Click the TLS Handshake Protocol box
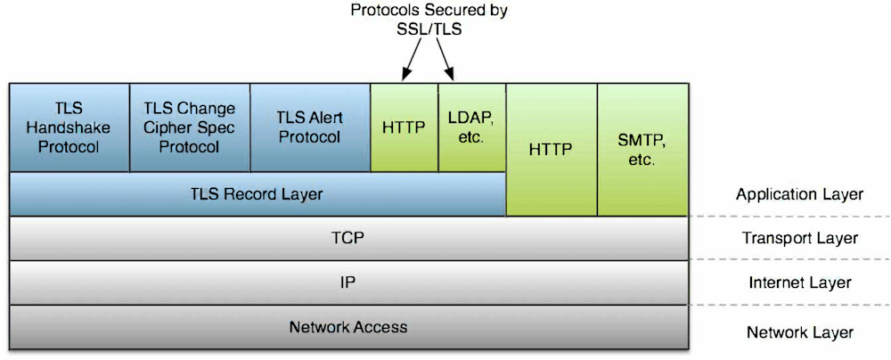[x=69, y=127]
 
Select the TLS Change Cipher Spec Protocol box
[x=189, y=127]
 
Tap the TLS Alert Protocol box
[x=309, y=127]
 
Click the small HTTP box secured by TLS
[x=404, y=127]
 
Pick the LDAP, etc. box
[x=471, y=127]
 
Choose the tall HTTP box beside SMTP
[x=550, y=150]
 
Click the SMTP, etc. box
[x=642, y=150]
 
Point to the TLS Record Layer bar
[x=257, y=193]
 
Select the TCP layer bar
[x=348, y=238]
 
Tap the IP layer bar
[x=348, y=282]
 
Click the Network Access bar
[x=348, y=327]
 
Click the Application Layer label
[x=799, y=194]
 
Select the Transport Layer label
[x=799, y=238]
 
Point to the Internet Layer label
[x=799, y=283]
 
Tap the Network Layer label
[x=799, y=332]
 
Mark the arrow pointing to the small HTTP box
[x=413, y=61]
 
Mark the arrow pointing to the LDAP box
[x=447, y=61]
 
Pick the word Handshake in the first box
[x=69, y=127]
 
